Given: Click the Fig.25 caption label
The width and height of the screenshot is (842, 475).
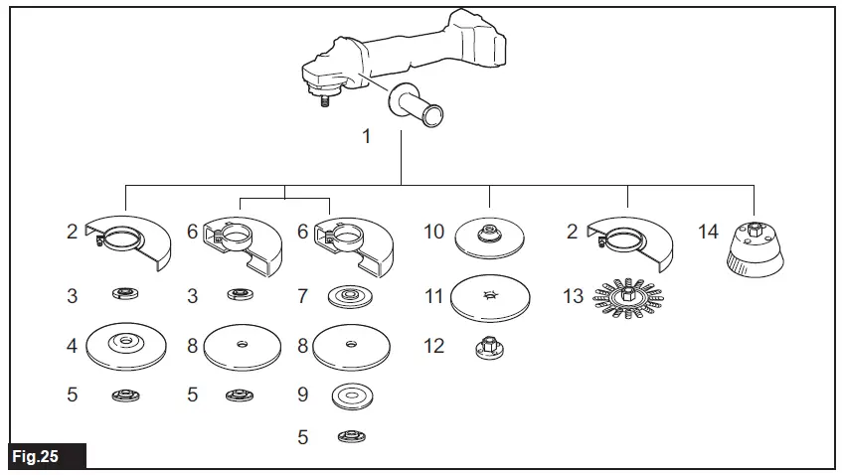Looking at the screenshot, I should pyautogui.click(x=35, y=457).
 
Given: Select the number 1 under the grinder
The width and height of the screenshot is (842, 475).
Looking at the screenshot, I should pyautogui.click(x=367, y=136).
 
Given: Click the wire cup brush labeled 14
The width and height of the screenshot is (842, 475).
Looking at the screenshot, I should pyautogui.click(x=754, y=246).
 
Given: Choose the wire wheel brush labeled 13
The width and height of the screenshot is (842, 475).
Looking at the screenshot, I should pyautogui.click(x=628, y=294).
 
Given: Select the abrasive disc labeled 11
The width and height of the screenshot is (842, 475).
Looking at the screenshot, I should pyautogui.click(x=489, y=296).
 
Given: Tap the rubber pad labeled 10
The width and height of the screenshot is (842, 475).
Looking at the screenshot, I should pyautogui.click(x=489, y=237).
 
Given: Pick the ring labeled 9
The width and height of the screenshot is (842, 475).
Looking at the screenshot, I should pyautogui.click(x=351, y=395).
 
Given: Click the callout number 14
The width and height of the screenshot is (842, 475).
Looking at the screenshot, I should pyautogui.click(x=708, y=232).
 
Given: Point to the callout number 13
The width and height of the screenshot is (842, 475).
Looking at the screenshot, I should pyautogui.click(x=573, y=296).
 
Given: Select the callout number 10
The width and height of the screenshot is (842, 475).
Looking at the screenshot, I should pyautogui.click(x=433, y=232).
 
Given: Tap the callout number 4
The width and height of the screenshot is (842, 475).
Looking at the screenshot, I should pyautogui.click(x=72, y=348).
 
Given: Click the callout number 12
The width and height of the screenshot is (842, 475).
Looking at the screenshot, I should pyautogui.click(x=433, y=347).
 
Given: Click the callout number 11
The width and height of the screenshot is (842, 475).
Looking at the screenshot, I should pyautogui.click(x=433, y=296).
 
